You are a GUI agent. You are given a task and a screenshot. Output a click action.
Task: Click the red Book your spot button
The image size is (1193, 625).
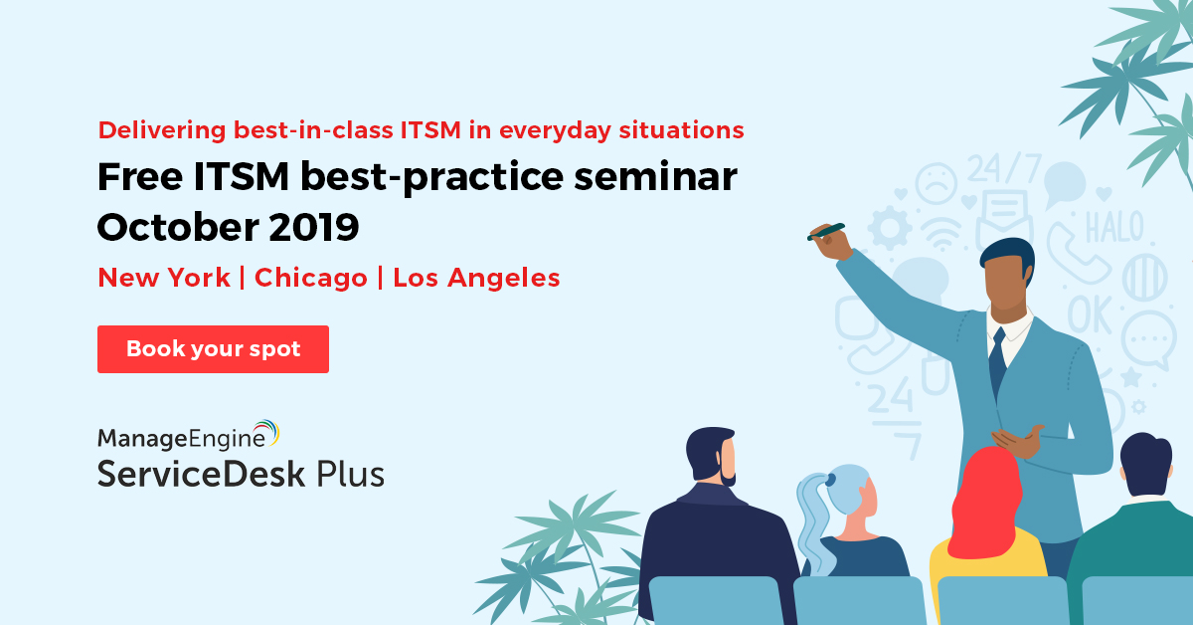pos(213,349)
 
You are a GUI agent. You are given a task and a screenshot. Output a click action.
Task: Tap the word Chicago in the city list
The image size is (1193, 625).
pos(311,278)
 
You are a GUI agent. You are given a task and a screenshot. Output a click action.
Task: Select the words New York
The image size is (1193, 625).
pos(164,278)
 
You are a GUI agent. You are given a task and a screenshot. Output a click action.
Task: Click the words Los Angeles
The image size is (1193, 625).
pos(476,278)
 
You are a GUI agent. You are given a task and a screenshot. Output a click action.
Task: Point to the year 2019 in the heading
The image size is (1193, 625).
pos(314,227)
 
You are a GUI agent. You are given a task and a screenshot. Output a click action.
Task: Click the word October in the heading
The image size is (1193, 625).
pos(178,227)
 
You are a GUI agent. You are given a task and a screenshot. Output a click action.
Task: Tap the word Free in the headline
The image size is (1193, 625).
pos(140,176)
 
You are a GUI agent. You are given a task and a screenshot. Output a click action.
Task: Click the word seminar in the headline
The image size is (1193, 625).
pos(655,176)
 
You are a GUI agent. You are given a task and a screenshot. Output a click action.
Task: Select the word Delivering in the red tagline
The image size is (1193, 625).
pos(162,130)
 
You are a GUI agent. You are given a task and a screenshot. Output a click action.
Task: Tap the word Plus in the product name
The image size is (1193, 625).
pos(350,474)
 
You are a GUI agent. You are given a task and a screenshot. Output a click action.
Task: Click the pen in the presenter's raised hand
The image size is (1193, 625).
pos(826,232)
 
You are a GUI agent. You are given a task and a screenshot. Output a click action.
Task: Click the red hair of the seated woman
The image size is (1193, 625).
pos(986,502)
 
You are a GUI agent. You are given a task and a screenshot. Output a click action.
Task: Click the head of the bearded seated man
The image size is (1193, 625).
pos(712,456)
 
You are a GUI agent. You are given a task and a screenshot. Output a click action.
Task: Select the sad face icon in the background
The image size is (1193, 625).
pos(936,183)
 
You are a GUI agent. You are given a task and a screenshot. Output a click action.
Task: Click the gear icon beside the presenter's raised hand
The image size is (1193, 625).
pos(890,228)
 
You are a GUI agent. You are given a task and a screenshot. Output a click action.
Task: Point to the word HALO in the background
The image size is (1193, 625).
pos(1114,227)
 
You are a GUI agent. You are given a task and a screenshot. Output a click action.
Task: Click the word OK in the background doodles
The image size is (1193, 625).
pos(1090,314)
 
